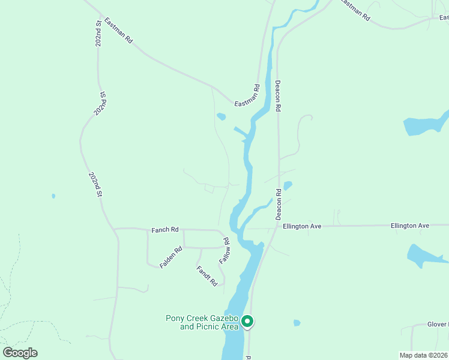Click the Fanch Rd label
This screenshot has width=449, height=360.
point(165,229)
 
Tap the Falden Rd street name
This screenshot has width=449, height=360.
point(170,257)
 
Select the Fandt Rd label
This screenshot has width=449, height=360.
point(206,276)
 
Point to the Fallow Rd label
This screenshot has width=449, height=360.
point(225,251)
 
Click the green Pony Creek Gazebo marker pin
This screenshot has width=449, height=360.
point(247,322)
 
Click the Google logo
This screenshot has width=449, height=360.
point(20,353)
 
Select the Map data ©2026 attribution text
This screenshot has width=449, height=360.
point(424,355)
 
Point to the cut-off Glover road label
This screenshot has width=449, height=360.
point(438,325)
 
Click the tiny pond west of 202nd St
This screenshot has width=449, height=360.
point(53,196)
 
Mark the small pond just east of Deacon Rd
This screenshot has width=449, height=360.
point(288,185)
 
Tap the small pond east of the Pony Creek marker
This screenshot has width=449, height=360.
point(297,323)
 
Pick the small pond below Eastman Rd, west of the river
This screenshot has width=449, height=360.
point(221,116)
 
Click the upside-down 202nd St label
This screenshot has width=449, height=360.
point(100,103)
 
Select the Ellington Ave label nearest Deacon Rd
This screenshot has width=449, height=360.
point(303,226)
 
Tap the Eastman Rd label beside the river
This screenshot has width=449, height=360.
point(247,96)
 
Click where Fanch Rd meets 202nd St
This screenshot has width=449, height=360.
point(114,229)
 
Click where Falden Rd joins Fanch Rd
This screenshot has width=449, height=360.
point(148,229)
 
